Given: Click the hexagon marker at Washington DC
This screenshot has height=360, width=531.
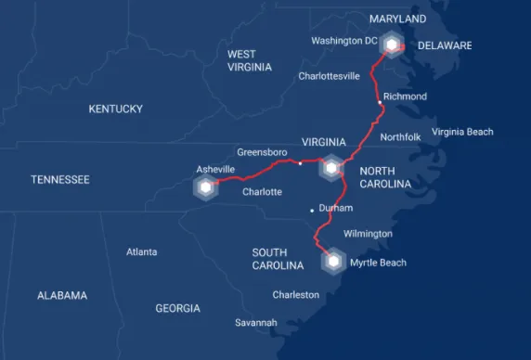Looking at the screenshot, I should point(393,45).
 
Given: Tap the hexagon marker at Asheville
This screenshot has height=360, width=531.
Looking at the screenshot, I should point(204,188).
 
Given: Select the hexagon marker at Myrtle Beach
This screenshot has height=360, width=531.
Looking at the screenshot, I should point(332,262).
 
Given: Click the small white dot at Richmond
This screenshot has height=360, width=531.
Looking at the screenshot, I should point(379,96).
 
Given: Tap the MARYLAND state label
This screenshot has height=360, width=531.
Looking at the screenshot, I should point(397,19).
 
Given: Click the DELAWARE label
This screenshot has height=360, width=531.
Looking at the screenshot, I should point(445,45).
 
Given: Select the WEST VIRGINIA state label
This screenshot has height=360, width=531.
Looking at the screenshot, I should point(249,60).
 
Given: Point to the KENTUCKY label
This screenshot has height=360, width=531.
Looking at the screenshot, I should point(115,109).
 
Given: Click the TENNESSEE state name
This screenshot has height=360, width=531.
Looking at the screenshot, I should point(59,179).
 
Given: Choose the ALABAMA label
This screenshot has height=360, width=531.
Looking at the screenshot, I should point(62,295).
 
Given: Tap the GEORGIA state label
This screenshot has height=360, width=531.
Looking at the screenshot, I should point(177,308).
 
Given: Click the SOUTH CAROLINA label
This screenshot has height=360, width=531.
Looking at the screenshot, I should point(278,259).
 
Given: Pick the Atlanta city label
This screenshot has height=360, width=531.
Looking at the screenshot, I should point(141,251).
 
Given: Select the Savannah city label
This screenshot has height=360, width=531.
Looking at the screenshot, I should point(255,322).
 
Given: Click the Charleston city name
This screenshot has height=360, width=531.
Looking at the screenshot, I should point(295,295).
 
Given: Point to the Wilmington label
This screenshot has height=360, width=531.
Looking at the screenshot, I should point(368,234).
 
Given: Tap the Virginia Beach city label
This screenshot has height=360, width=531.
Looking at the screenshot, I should point(462,132).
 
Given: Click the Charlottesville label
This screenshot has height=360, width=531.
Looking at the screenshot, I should point(329,76).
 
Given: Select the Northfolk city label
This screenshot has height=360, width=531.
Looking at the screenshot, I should point(400,137).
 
